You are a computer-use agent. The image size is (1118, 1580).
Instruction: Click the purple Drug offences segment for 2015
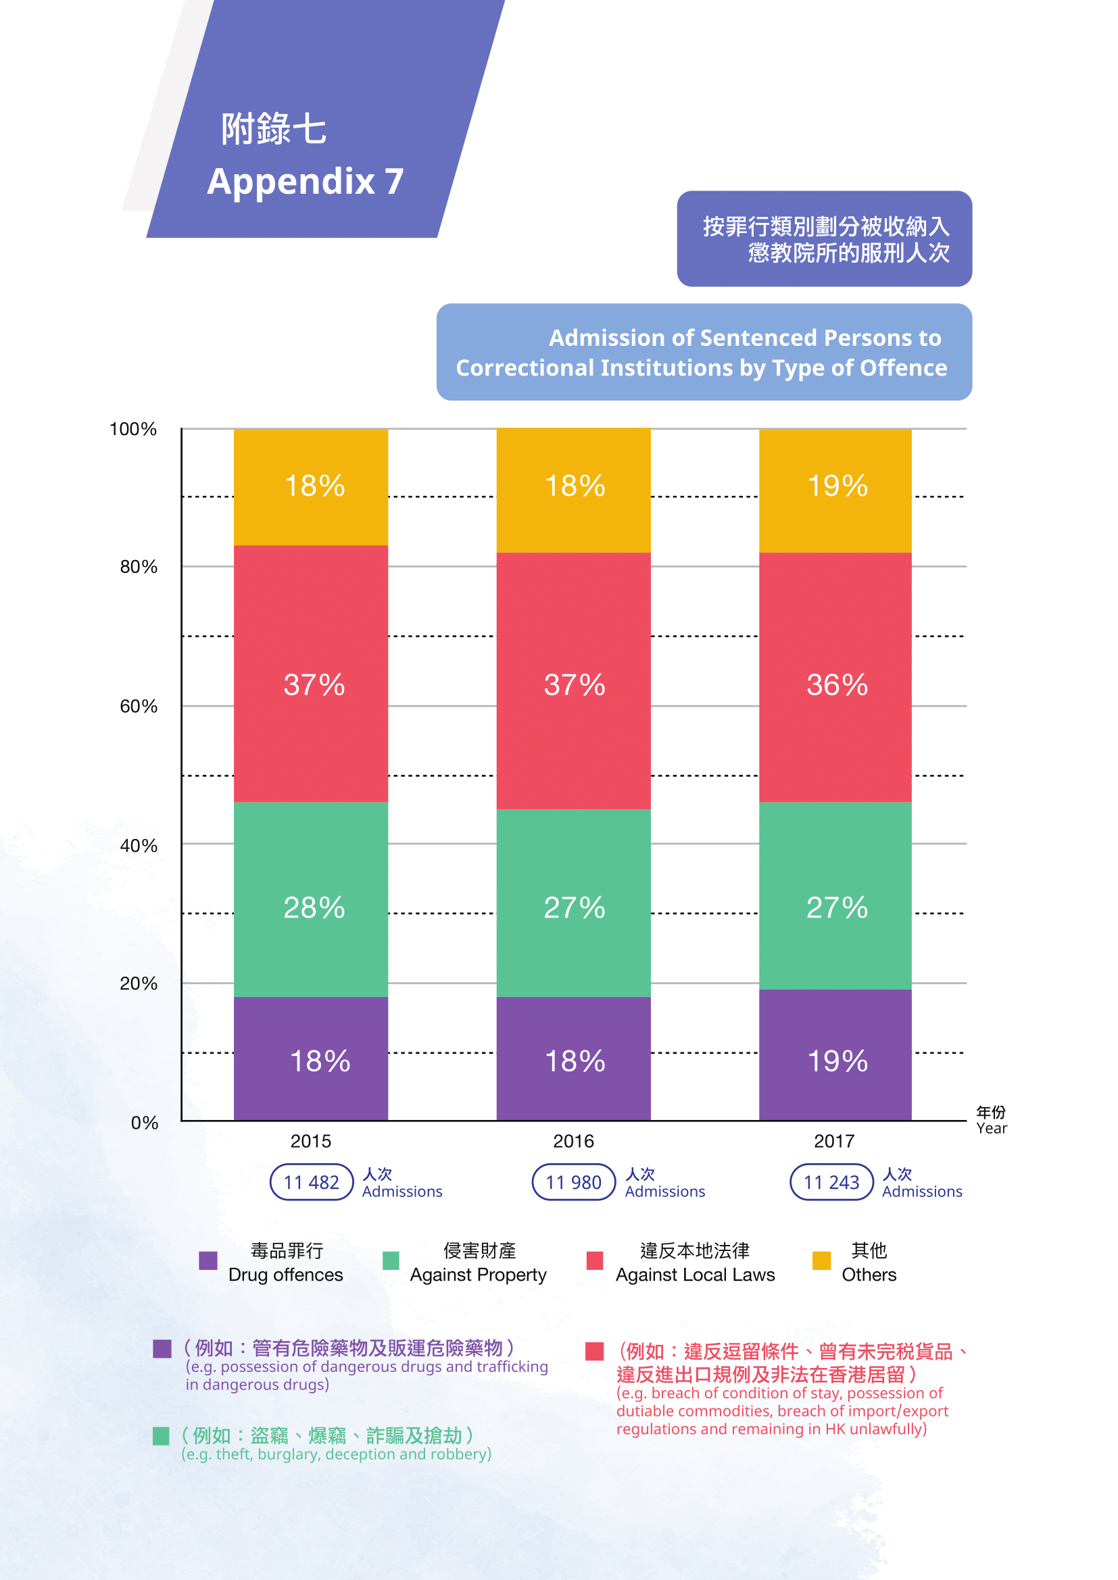click(x=310, y=1058)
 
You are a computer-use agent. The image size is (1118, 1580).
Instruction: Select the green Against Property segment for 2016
click(x=573, y=902)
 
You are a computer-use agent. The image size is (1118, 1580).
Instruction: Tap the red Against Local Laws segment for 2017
click(x=835, y=676)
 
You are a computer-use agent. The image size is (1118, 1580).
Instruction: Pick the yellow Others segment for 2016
click(x=573, y=490)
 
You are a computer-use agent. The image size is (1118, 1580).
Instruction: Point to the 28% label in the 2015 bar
click(x=314, y=908)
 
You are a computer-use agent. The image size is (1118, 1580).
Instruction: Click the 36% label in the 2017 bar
click(x=837, y=685)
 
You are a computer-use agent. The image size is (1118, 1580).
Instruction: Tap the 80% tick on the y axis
click(x=139, y=567)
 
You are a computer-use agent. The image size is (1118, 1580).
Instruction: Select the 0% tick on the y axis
click(x=145, y=1123)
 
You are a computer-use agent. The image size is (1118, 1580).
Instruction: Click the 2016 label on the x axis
click(x=573, y=1141)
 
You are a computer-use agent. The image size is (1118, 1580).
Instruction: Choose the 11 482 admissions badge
click(x=311, y=1182)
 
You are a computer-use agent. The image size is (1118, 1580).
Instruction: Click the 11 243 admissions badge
click(x=831, y=1182)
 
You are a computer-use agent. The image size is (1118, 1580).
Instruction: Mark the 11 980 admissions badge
click(x=573, y=1182)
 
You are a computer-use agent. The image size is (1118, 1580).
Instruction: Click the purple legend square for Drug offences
click(x=208, y=1260)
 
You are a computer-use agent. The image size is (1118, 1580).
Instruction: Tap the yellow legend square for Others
click(x=821, y=1260)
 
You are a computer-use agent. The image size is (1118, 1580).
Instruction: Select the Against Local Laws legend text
click(x=695, y=1275)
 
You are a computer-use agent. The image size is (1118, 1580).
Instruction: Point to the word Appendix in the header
click(x=291, y=182)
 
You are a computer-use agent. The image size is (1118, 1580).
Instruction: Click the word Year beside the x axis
click(x=992, y=1129)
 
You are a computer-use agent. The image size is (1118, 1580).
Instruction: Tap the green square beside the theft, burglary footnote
click(x=160, y=1436)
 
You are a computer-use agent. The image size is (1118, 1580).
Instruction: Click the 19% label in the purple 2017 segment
click(x=837, y=1061)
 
